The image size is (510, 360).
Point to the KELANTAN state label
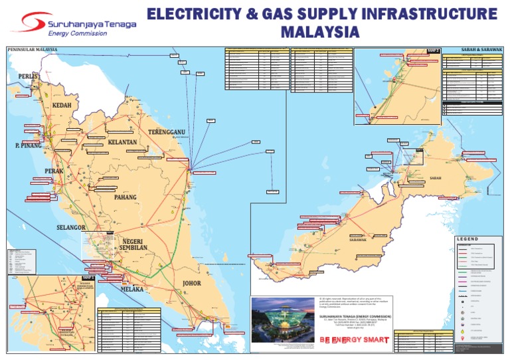click(x=122, y=143)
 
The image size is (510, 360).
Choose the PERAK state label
click(x=54, y=171)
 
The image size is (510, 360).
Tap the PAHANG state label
click(x=125, y=197)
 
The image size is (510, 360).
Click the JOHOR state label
click(x=191, y=284)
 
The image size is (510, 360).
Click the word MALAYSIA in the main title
click(x=320, y=31)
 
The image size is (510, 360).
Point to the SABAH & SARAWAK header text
click(x=482, y=49)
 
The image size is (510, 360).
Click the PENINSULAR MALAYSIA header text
click(x=33, y=49)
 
